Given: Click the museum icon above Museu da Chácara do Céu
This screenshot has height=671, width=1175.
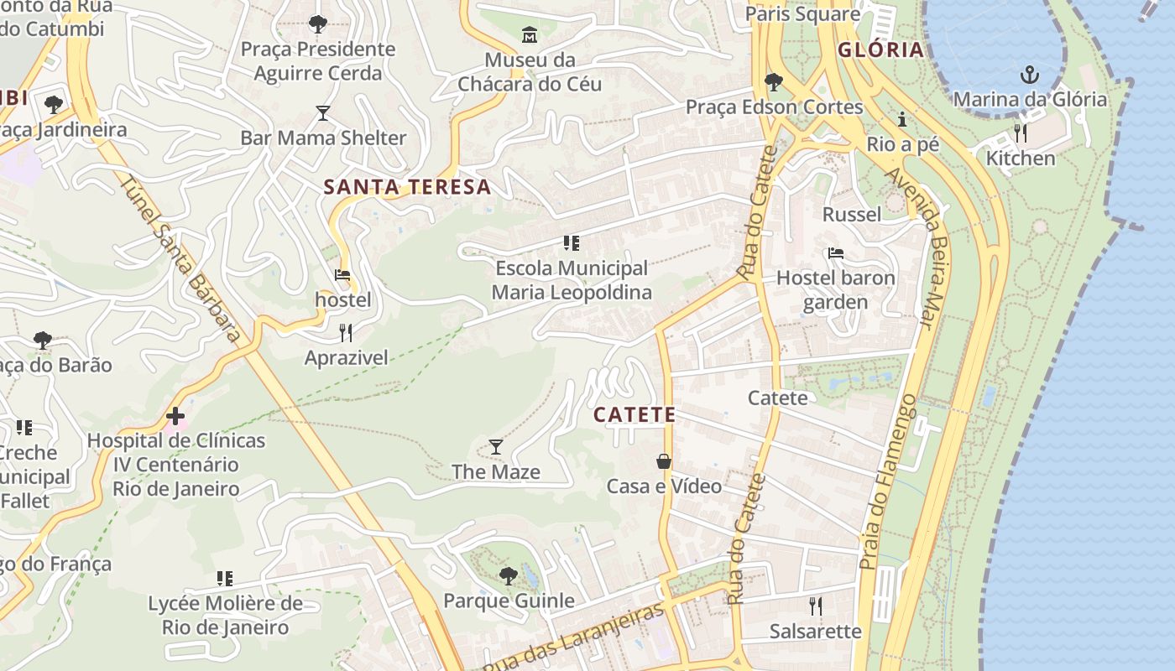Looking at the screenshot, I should pos(530,35).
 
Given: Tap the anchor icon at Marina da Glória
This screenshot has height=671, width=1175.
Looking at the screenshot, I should pos(1029,75).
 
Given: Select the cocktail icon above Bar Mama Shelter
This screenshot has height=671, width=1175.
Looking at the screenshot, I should pos(323,112).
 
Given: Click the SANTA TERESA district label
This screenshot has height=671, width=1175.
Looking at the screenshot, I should pos(407,187).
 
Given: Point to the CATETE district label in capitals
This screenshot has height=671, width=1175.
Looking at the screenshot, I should pos(634,414).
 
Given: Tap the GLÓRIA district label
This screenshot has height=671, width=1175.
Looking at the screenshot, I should pos(880,49).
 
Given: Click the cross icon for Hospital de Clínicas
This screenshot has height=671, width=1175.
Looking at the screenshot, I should pos(175,415).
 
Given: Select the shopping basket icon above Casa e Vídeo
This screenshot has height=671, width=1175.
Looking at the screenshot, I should pos(664,461).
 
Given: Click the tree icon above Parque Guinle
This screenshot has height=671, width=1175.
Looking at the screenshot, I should pos(508,575).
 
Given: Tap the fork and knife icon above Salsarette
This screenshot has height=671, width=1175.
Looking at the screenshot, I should pos(815,606).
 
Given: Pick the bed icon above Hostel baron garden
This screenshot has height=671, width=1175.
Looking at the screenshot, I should pos(835,253).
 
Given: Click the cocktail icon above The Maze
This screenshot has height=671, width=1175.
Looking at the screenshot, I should pos(496,446).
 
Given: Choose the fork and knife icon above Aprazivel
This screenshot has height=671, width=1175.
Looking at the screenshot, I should pos(346,333).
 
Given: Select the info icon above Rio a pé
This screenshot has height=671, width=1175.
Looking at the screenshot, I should pos(902,119).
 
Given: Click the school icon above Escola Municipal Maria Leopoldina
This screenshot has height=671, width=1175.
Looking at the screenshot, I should pos(572,243).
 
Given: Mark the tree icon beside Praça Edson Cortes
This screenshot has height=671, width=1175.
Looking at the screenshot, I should pos(774,82).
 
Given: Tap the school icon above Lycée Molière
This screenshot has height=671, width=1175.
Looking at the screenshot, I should pos(225,578).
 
